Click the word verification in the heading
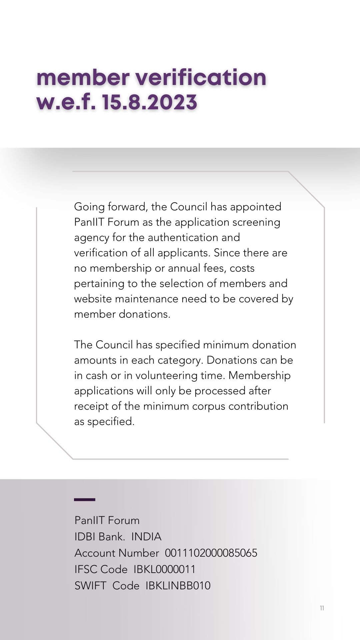pyautogui.click(x=201, y=77)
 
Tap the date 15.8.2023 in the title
pyautogui.click(x=150, y=102)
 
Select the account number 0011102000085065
pyautogui.click(x=211, y=553)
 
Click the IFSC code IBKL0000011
pyautogui.click(x=165, y=569)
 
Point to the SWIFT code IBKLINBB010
pyautogui.click(x=178, y=586)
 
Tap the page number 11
pyautogui.click(x=322, y=608)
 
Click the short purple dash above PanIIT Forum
pyautogui.click(x=85, y=500)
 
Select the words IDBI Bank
pyautogui.click(x=100, y=537)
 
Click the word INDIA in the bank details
pyautogui.click(x=146, y=537)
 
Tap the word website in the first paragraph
pyautogui.click(x=93, y=299)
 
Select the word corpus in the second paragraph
pyautogui.click(x=209, y=406)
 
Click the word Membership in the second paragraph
pyautogui.click(x=259, y=375)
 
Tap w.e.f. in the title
pyautogui.click(x=66, y=102)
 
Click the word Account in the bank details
pyautogui.click(x=94, y=553)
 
